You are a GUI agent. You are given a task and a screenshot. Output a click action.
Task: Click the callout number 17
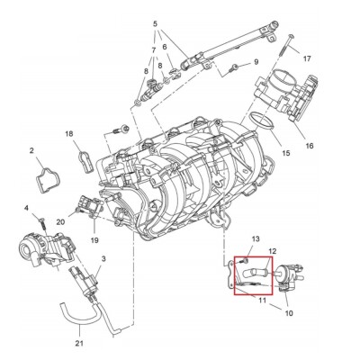(x=307, y=58)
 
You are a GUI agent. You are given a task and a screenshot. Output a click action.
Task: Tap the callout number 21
(x=79, y=343)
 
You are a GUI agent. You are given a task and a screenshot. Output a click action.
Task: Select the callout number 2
(x=31, y=151)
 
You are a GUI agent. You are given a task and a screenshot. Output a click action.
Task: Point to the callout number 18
(x=69, y=134)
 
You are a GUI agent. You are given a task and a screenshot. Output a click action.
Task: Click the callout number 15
(x=286, y=153)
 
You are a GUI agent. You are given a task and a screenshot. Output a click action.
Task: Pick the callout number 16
(x=310, y=146)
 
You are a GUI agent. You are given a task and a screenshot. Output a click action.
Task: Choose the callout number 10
(x=289, y=313)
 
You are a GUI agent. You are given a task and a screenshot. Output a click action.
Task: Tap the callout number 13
(x=256, y=239)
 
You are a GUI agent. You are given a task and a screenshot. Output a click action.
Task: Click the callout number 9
(x=256, y=62)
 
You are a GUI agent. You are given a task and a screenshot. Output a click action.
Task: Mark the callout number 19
(x=94, y=240)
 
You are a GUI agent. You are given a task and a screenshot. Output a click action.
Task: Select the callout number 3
(x=103, y=258)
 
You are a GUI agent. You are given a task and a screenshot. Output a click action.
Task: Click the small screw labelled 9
(x=233, y=67)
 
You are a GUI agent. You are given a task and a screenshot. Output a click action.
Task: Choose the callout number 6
(x=165, y=47)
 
